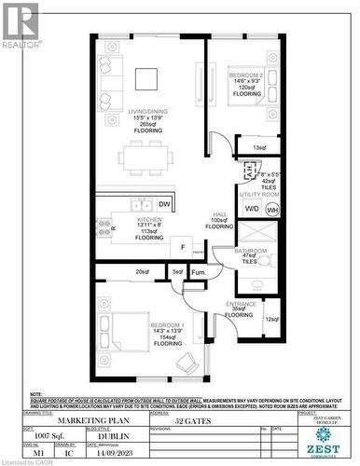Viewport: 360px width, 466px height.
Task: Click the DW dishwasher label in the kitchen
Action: point(164,204)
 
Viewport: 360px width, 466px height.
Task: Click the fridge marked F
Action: point(183,249)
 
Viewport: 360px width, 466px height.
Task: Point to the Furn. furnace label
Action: point(199,272)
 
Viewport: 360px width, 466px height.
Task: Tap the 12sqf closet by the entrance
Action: point(271,320)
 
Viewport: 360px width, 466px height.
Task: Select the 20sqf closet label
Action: point(142,272)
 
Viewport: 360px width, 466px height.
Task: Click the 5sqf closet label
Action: point(177,272)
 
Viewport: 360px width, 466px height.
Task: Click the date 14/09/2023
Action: point(112,453)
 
